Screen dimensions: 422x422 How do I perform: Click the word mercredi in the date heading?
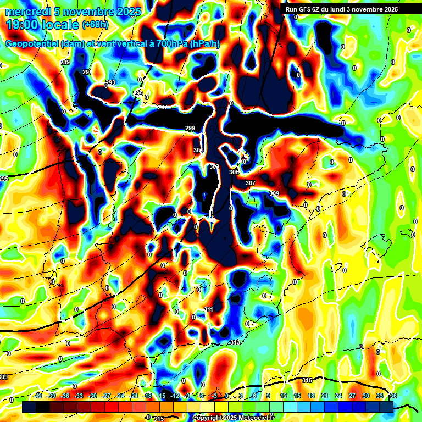coord(27,12)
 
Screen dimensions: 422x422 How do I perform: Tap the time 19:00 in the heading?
coord(23,24)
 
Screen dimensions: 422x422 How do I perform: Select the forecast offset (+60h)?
coord(95,25)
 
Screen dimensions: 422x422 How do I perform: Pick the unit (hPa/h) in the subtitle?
coord(204,44)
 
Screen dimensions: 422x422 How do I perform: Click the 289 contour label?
coord(65,63)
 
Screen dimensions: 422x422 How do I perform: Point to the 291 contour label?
coord(87,73)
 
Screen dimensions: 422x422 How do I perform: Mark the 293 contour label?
coord(110,83)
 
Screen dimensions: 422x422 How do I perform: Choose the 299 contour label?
coord(190,129)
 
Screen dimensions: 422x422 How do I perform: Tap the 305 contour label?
coord(234,172)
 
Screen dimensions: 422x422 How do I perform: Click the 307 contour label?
coord(251,183)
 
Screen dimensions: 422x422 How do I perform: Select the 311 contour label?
coord(208,310)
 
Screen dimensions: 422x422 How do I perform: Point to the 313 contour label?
coord(235,342)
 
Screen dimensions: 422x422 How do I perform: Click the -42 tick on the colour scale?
coord(38,396)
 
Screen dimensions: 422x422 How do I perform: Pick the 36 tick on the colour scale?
coord(393,396)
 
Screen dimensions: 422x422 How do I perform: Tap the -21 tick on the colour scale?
coord(134,396)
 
